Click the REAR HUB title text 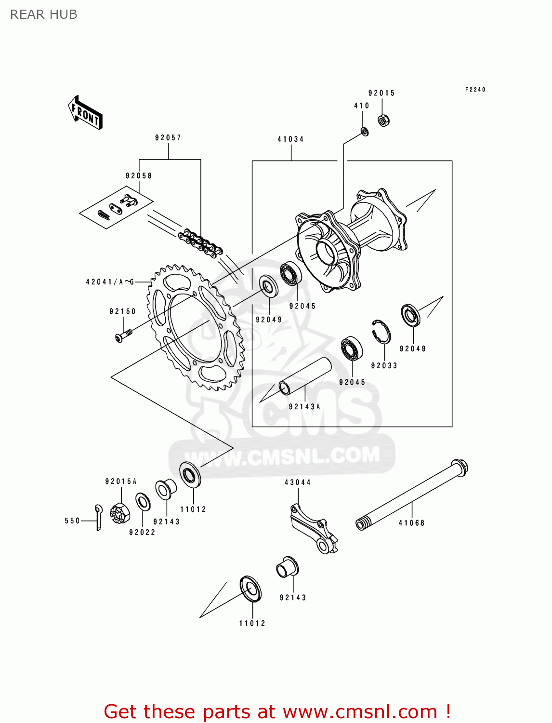[43, 14]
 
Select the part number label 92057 [168, 138]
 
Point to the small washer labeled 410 [365, 131]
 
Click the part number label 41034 [290, 139]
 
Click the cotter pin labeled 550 [98, 517]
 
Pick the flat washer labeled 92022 [143, 502]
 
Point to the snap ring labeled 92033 [381, 332]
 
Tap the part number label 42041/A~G [110, 282]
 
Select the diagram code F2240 [475, 90]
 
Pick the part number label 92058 [139, 176]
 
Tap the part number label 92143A [304, 407]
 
